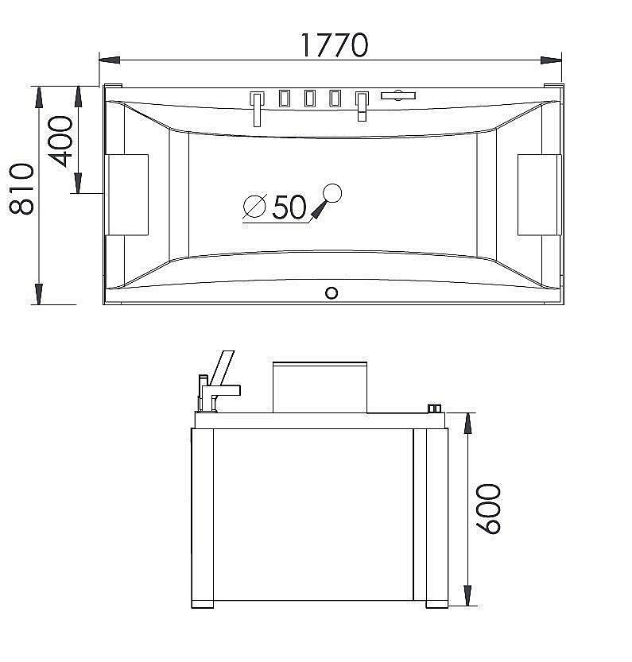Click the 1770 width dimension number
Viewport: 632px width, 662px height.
[x=334, y=45]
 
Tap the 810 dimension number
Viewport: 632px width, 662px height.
[x=21, y=188]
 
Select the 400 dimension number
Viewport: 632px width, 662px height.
[x=60, y=141]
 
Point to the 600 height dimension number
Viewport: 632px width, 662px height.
[x=488, y=509]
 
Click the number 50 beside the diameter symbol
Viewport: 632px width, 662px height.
[x=289, y=207]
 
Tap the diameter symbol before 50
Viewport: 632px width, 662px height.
[x=255, y=207]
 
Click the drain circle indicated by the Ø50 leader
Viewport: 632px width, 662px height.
[x=332, y=194]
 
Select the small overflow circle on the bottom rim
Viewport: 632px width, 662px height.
[x=332, y=293]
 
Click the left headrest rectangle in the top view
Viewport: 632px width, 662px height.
[x=126, y=195]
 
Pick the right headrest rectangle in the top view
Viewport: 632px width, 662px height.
[x=540, y=195]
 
